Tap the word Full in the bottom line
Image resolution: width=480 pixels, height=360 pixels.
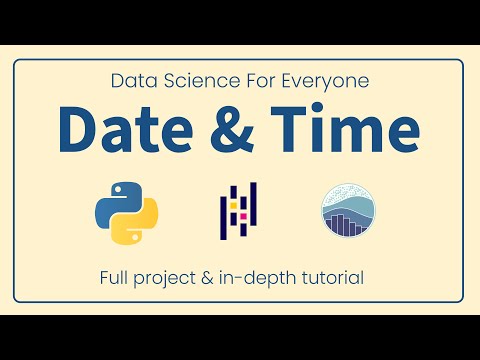(x=123, y=275)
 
